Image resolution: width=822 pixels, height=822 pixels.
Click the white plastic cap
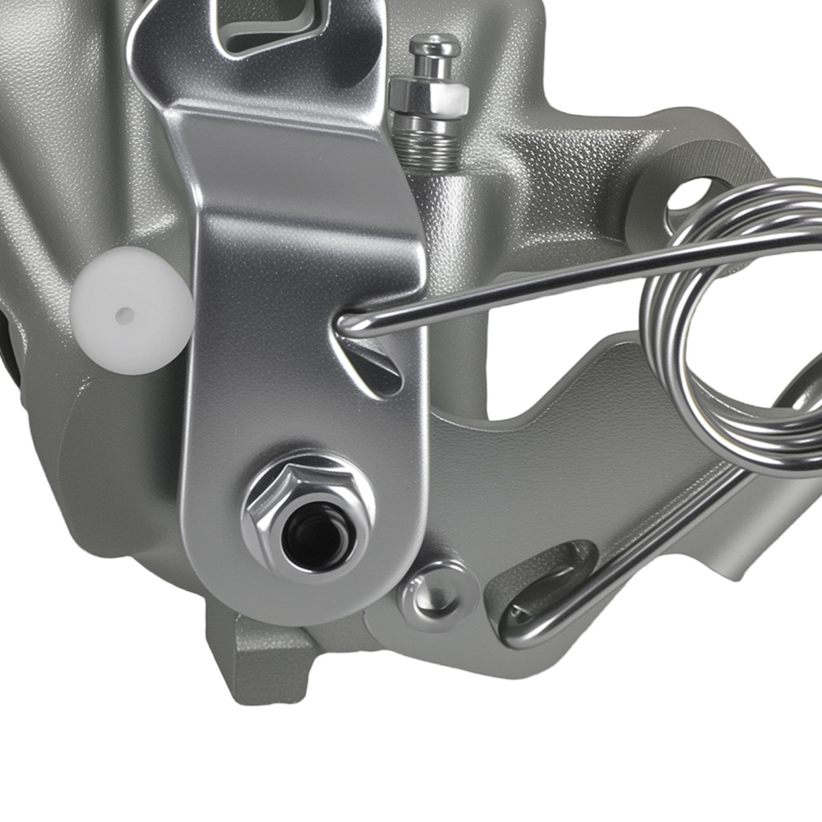click(x=130, y=311)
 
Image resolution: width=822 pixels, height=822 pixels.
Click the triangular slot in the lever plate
click(x=374, y=366)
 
